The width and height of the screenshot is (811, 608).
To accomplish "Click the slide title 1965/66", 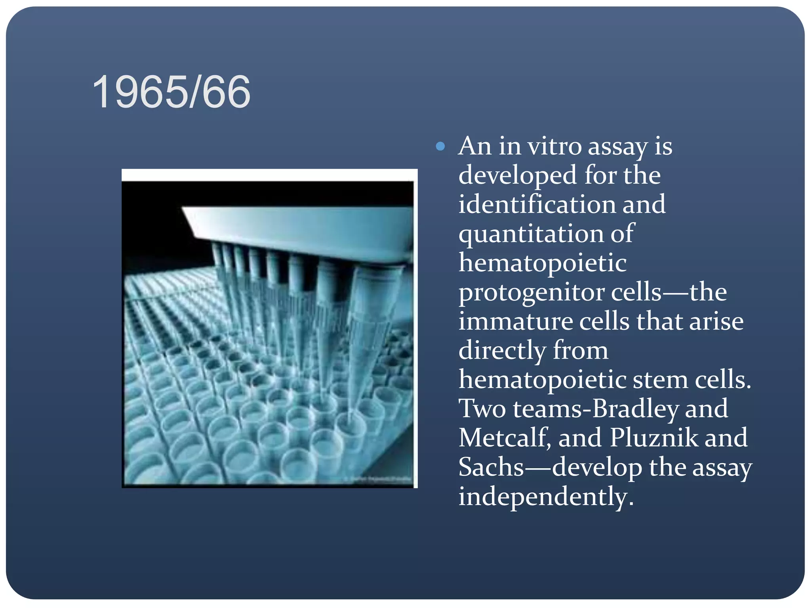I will pos(171,92).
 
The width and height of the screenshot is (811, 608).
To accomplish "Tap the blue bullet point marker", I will pos(440,147).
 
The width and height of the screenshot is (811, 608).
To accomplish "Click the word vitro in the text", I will pos(554,146).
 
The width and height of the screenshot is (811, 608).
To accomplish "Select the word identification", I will pos(536,205).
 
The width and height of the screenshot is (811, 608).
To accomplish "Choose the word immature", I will pos(516,321).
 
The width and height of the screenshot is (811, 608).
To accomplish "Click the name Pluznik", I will pos(654,438).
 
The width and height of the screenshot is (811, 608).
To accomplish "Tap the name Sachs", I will pos(491,467).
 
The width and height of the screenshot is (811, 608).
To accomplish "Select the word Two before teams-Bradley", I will pos(482,409).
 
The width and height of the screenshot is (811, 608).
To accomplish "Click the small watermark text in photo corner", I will pos(380,479).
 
